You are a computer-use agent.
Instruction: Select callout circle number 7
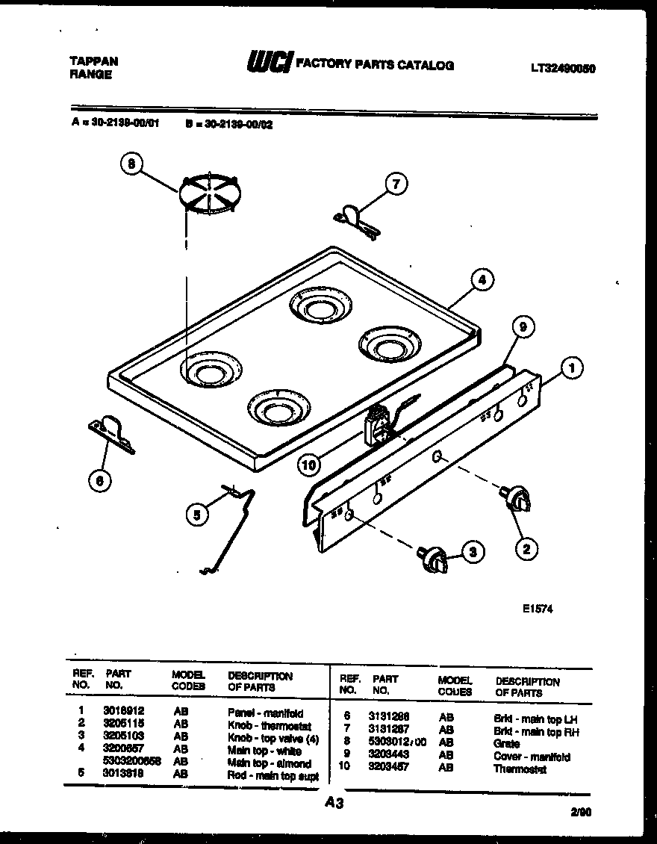pos(396,183)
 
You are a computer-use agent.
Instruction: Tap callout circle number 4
pos(482,280)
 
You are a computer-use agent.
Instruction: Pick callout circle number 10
pos(308,465)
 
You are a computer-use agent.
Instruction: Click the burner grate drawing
pos(208,194)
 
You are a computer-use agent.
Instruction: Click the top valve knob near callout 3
pos(435,559)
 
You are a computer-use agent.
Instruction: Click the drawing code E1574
pos(538,609)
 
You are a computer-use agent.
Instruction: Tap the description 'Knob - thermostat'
pos(268,725)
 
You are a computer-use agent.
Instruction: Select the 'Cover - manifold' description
pos(532,757)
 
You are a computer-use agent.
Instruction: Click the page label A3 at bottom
pos(334,803)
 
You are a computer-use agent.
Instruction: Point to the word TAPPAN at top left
pos(93,61)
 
